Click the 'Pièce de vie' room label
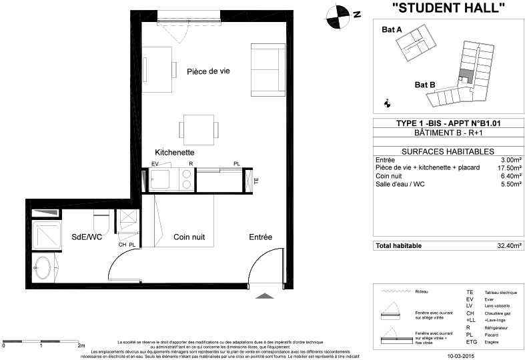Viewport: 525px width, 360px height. click(x=208, y=72)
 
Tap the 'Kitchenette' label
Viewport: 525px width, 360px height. click(x=174, y=152)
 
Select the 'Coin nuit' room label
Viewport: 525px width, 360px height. click(x=189, y=237)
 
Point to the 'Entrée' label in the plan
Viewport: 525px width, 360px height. click(x=261, y=237)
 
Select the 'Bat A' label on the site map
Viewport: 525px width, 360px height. click(x=392, y=30)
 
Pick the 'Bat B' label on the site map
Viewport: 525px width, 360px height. click(x=424, y=85)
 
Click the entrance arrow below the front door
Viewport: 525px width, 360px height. click(x=265, y=297)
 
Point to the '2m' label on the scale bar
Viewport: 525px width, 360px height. click(x=81, y=347)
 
